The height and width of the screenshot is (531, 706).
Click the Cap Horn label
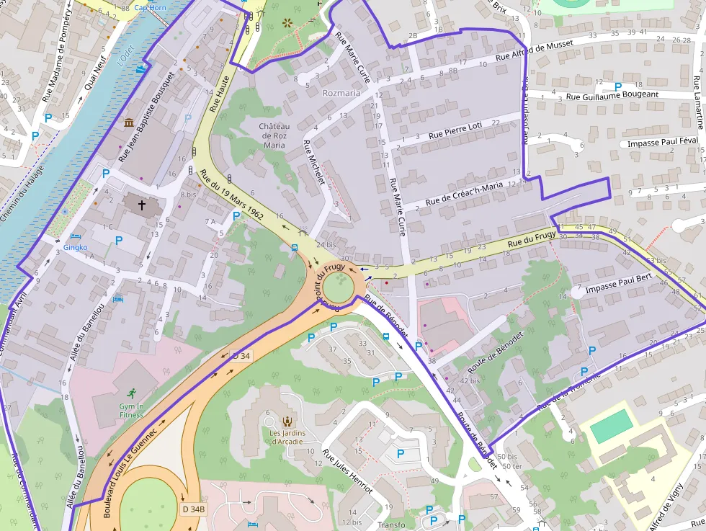click(x=149, y=8)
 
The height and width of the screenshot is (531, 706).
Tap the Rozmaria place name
click(x=341, y=93)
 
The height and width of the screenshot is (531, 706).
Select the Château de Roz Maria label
click(x=274, y=135)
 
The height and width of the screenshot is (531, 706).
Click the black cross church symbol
click(x=142, y=205)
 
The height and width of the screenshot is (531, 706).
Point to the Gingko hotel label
click(x=75, y=246)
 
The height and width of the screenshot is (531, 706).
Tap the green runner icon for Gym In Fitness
click(x=131, y=393)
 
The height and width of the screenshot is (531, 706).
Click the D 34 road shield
click(x=240, y=355)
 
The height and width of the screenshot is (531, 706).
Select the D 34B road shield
click(x=194, y=509)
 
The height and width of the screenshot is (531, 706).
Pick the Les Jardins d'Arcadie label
click(x=287, y=437)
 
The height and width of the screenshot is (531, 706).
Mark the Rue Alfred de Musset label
click(x=534, y=50)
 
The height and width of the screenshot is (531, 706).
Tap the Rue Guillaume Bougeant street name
click(x=612, y=94)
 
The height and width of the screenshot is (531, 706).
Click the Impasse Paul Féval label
click(x=663, y=142)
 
